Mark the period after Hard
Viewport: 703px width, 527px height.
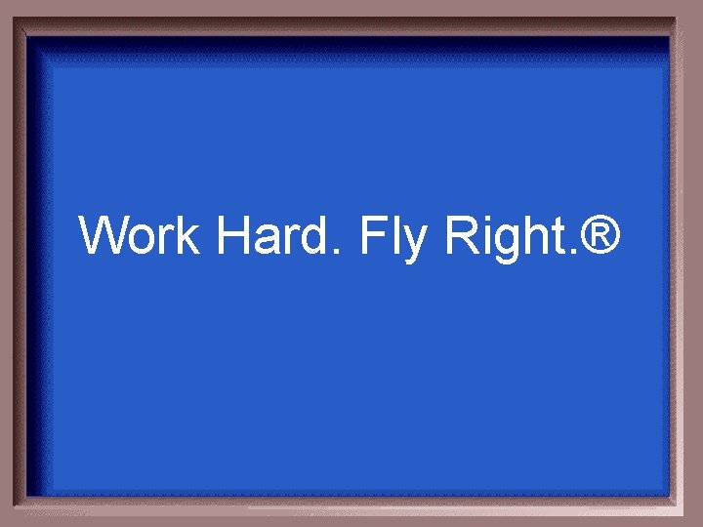pyautogui.click(x=339, y=253)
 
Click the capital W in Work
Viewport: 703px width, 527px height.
pyautogui.click(x=103, y=236)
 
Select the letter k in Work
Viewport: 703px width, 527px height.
pyautogui.click(x=189, y=236)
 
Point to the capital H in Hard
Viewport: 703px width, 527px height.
pyautogui.click(x=234, y=236)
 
